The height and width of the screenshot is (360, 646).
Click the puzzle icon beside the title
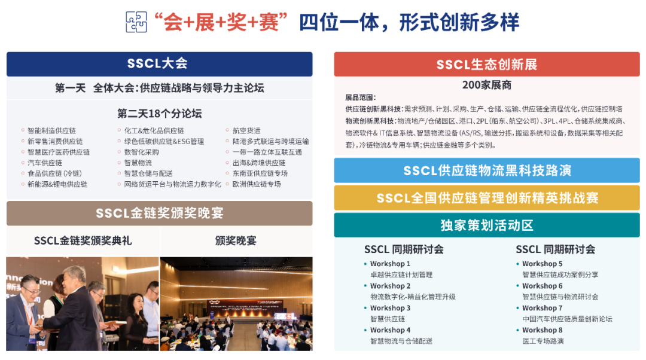click(x=136, y=22)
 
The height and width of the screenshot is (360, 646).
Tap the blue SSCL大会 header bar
click(x=159, y=63)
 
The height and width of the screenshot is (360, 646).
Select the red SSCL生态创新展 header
click(x=486, y=64)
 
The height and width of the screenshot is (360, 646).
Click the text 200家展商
click(x=486, y=85)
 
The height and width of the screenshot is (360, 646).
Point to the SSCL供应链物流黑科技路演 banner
click(x=486, y=170)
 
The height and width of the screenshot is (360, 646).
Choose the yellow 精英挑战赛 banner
click(x=486, y=198)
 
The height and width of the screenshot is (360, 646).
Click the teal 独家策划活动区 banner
click(x=486, y=225)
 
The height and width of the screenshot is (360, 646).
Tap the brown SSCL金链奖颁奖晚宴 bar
click(x=159, y=213)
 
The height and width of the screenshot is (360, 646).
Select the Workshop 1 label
click(x=390, y=264)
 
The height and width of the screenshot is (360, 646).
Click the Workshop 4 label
click(x=390, y=330)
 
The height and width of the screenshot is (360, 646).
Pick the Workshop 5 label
click(x=542, y=264)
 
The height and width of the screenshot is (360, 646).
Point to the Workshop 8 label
click(x=542, y=330)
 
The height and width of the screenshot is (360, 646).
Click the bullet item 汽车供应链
click(x=45, y=163)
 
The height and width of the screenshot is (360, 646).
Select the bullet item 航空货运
click(x=246, y=130)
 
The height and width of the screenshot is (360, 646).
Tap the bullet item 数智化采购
click(x=142, y=152)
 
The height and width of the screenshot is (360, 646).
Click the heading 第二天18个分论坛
click(x=159, y=113)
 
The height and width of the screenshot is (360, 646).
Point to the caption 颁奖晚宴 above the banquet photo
click(x=236, y=241)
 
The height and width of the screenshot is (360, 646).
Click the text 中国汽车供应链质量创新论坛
click(x=567, y=319)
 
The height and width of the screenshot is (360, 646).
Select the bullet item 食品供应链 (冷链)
click(x=54, y=173)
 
